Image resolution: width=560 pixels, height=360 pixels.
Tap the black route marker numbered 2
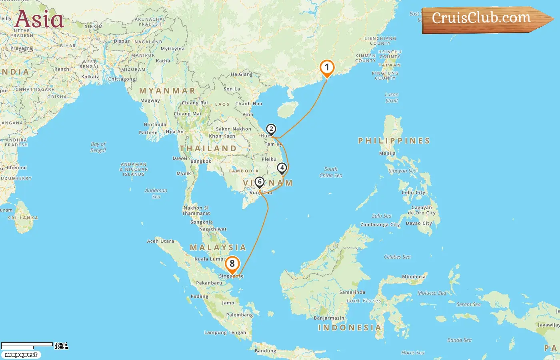tap(271, 129)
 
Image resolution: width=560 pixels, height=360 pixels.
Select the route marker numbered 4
tap(282, 168)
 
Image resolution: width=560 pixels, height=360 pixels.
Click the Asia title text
tap(39, 19)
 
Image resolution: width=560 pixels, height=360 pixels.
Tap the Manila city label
tap(387, 153)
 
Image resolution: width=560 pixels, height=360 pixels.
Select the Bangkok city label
tap(201, 162)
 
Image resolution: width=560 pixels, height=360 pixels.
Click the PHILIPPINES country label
tap(394, 141)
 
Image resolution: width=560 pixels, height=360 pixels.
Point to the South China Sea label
tap(331, 172)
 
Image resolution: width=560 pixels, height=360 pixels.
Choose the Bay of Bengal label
tap(98, 147)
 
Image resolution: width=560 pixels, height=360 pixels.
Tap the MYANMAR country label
tap(167, 91)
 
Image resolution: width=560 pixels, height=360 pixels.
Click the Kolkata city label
tap(90, 77)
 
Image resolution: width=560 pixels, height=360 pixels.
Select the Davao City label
tap(419, 223)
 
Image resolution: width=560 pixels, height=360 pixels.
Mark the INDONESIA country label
tap(350, 328)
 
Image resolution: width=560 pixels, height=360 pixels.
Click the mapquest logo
tap(21, 355)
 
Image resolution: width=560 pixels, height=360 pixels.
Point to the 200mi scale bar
tap(27, 344)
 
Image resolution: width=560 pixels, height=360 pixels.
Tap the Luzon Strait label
tap(392, 98)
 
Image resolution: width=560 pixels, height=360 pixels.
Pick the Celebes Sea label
tap(397, 257)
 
